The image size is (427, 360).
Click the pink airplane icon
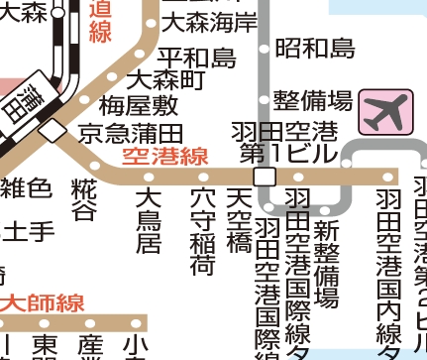tap(384, 111)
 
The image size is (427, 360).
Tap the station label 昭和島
tap(314, 47)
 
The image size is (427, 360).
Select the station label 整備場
tap(313, 99)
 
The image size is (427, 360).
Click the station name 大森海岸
tap(209, 21)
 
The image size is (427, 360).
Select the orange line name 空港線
tap(164, 156)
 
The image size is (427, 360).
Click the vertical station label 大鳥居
tap(149, 220)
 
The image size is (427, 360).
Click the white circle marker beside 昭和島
tap(264, 47)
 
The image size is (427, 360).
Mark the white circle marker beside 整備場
tap(264, 99)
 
